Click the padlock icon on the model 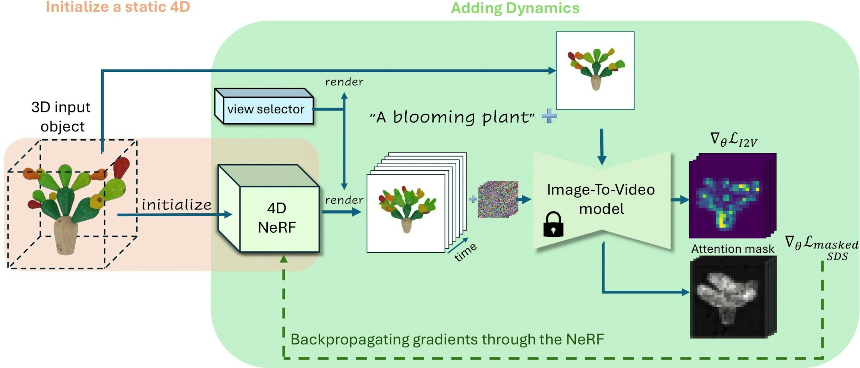(x=553, y=225)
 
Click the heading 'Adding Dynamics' (x=515, y=8)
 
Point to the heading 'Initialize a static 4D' (x=118, y=7)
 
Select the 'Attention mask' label (x=733, y=249)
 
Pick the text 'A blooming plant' (x=452, y=117)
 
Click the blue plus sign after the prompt (x=549, y=116)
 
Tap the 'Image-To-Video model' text (x=601, y=199)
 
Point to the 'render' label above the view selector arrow (x=344, y=82)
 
